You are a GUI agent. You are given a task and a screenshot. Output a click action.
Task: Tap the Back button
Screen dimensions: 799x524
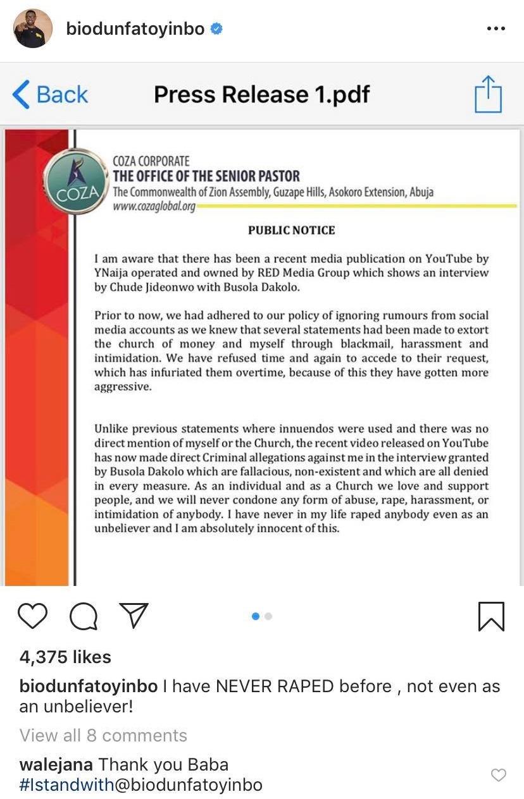tap(51, 95)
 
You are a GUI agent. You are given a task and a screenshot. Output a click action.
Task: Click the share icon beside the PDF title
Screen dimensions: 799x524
tap(488, 94)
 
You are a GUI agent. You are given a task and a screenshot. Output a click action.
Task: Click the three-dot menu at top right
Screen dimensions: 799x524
tap(496, 28)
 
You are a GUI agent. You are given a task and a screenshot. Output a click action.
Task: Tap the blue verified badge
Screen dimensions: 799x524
tap(216, 29)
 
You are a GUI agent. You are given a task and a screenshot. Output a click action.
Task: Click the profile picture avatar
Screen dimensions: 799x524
tap(33, 28)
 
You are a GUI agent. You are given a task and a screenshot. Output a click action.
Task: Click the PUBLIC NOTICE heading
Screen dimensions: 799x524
tap(291, 230)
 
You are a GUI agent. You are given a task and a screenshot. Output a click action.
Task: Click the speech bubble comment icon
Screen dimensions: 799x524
tap(83, 616)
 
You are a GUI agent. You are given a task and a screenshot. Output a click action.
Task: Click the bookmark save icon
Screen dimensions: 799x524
tap(491, 616)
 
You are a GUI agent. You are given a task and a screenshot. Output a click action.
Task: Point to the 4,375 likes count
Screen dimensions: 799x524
tap(65, 657)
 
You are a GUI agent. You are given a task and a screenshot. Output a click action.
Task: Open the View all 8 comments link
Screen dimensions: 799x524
tap(103, 735)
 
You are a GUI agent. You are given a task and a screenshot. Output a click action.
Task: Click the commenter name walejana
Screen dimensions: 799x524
tap(56, 764)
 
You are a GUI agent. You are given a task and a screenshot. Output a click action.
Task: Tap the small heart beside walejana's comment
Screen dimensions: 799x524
tap(499, 775)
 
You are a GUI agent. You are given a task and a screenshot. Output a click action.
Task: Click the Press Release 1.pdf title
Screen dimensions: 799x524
tap(261, 95)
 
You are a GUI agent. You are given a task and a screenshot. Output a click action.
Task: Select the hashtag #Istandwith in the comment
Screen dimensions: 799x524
tap(67, 785)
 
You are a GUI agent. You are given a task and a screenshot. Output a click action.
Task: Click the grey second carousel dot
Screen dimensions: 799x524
tap(268, 616)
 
